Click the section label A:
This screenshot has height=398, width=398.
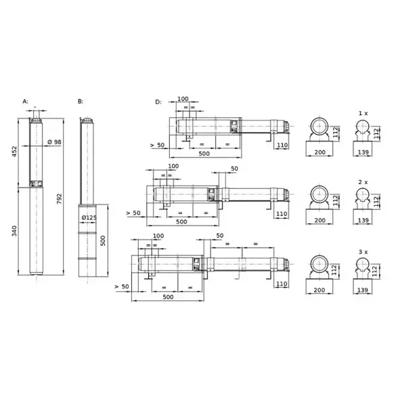tap(26, 102)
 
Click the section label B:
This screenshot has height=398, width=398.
tap(81, 102)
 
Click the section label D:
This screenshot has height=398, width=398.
tap(158, 102)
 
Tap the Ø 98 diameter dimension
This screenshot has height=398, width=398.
tap(55, 142)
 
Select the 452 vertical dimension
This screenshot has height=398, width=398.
tap(14, 152)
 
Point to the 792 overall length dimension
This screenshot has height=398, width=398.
tap(59, 199)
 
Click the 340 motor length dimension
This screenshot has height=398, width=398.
tap(14, 231)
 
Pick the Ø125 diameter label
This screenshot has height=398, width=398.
tap(89, 217)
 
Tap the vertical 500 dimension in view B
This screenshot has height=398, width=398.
tap(103, 241)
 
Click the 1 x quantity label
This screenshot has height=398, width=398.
tap(363, 114)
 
